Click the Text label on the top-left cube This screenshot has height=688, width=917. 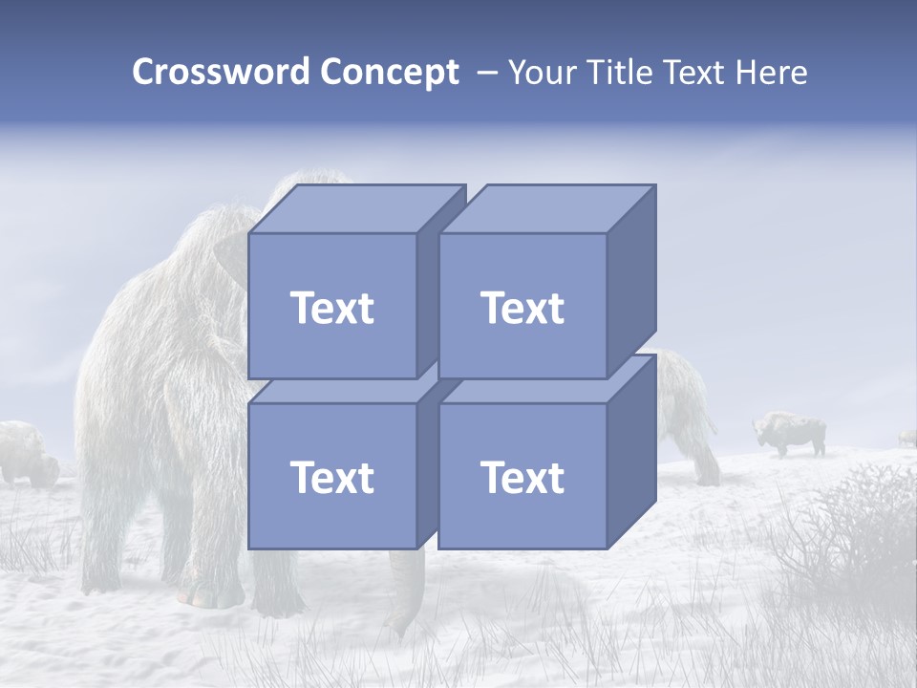[x=331, y=308]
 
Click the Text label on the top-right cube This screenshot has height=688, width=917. [x=522, y=308]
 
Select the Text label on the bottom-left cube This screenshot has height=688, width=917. [x=331, y=477]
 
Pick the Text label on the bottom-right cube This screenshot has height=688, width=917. [x=522, y=477]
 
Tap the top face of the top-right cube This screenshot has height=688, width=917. [x=547, y=208]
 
